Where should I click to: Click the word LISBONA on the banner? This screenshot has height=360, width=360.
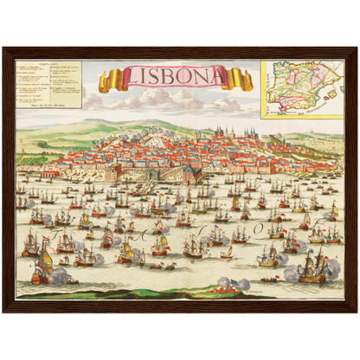[x=175, y=77]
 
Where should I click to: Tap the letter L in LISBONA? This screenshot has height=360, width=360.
[x=131, y=79]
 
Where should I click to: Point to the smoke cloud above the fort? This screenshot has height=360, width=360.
[x=227, y=282]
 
